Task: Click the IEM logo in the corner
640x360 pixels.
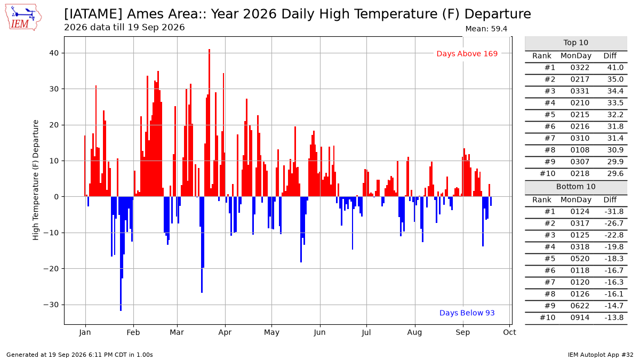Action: click(x=23, y=18)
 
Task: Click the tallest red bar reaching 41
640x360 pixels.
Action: click(x=210, y=123)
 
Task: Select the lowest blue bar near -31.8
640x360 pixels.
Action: click(x=121, y=254)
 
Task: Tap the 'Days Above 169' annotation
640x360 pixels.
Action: click(x=467, y=54)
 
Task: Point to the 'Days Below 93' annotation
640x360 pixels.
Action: click(x=467, y=313)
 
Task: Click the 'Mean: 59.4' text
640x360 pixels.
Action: click(x=486, y=29)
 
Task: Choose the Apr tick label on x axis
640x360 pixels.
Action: click(x=225, y=332)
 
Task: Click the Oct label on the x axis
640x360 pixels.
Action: click(x=510, y=332)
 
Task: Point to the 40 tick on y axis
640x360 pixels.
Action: click(x=54, y=53)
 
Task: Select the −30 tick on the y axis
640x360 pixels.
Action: click(x=51, y=305)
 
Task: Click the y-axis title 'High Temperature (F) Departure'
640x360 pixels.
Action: click(x=35, y=180)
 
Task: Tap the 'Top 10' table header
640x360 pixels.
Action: click(x=575, y=43)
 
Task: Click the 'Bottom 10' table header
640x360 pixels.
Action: click(x=575, y=187)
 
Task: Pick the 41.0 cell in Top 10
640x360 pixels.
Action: click(x=615, y=68)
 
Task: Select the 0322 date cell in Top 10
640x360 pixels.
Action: click(x=580, y=68)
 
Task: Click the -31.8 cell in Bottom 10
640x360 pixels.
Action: click(x=614, y=212)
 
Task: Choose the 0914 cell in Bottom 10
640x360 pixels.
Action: click(x=580, y=318)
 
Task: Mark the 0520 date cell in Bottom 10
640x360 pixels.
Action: click(x=580, y=259)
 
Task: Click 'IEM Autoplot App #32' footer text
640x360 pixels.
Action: click(x=601, y=355)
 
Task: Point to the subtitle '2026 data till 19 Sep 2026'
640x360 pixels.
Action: click(x=124, y=27)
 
